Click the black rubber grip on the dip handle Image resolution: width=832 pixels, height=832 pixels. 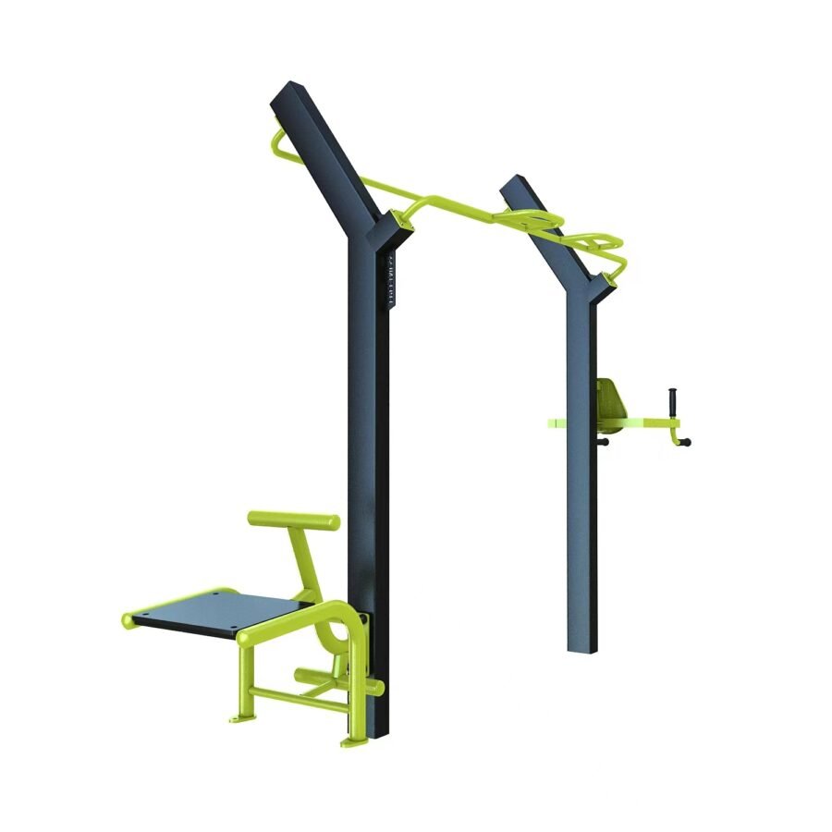click(674, 403)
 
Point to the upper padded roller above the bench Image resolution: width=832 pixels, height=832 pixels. click(293, 520)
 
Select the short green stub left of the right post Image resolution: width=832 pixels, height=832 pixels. click(557, 423)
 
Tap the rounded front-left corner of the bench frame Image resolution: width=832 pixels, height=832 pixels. click(129, 618)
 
